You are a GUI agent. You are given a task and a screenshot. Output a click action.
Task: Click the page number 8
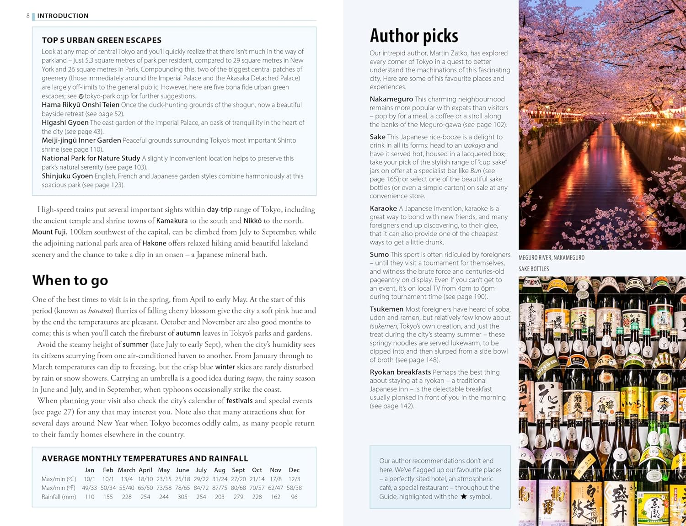coord(28,16)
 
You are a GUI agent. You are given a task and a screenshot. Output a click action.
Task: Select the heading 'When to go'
coord(70,280)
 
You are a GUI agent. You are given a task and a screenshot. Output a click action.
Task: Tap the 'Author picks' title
coord(414,36)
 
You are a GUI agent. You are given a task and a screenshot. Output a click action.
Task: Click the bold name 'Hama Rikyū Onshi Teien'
coord(80,105)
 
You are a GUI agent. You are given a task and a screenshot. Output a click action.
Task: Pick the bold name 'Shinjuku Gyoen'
coord(67,176)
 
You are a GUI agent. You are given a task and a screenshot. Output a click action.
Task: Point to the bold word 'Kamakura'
coord(172,221)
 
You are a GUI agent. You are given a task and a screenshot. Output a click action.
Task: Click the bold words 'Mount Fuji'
coord(49,232)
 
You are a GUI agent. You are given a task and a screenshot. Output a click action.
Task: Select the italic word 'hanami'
coord(100,311)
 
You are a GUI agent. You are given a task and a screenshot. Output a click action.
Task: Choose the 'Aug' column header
coord(220,470)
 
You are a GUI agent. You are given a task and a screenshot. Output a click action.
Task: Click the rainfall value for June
coord(182,497)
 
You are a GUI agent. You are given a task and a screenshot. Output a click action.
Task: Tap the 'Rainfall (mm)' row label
coord(59,497)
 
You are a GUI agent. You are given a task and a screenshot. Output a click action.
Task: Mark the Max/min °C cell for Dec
coord(294,479)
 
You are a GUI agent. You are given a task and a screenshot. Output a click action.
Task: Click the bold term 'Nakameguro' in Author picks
coord(391,99)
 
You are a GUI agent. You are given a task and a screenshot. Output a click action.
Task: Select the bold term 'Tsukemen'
coord(386,309)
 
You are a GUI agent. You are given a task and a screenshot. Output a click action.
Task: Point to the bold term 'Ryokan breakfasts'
coord(400,372)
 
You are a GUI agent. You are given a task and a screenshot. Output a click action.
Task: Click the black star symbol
coord(463,497)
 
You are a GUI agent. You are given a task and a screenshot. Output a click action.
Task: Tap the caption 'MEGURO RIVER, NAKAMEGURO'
coord(551,258)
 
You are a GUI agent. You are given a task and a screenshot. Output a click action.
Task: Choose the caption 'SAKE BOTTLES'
coord(533,269)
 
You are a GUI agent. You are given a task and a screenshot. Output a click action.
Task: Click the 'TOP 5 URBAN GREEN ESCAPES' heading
coord(102,40)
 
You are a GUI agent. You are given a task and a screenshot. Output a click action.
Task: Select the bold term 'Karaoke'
coord(383,208)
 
